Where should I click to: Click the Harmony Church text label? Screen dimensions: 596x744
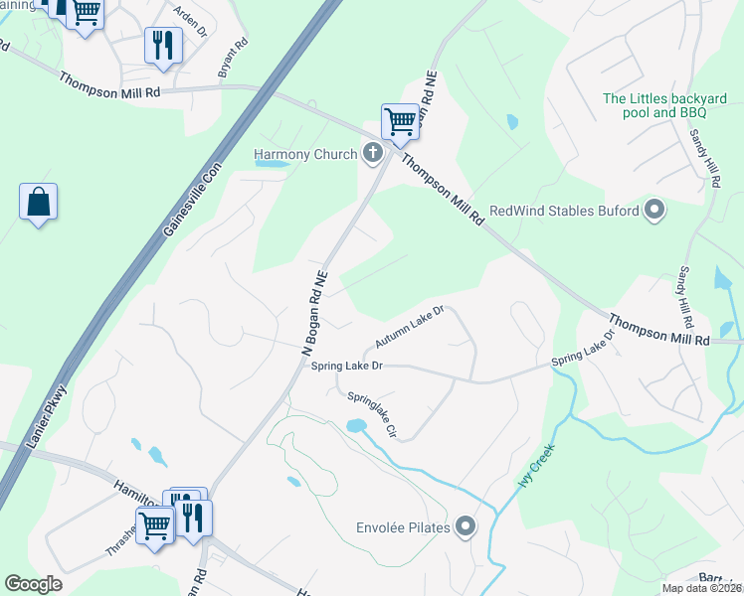tap(303, 154)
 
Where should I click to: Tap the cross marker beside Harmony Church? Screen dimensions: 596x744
tap(373, 152)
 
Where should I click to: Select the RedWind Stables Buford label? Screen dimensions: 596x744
tap(564, 211)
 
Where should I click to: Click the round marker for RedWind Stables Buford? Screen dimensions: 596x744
tap(654, 210)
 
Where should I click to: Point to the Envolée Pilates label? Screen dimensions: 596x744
tap(403, 526)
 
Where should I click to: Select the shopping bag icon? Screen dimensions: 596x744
tap(38, 202)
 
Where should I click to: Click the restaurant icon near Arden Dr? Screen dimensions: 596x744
tap(162, 45)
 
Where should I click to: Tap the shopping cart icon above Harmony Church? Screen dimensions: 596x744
tap(400, 121)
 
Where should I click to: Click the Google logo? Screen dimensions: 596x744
tap(33, 584)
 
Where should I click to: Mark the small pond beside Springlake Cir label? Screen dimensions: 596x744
tap(355, 426)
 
